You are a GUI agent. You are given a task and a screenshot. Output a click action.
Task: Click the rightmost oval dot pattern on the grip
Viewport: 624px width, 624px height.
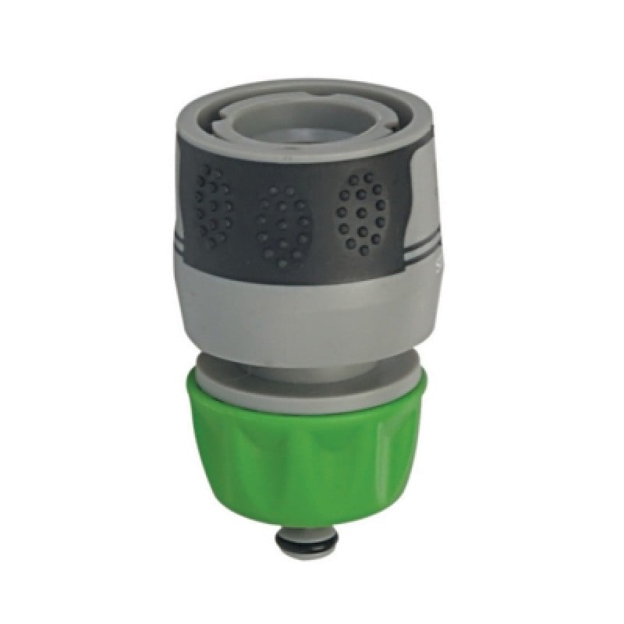361,212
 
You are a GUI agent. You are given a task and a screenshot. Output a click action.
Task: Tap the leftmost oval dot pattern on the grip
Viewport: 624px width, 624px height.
212,207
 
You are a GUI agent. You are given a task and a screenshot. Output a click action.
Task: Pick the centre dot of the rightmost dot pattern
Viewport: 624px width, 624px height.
361,212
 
